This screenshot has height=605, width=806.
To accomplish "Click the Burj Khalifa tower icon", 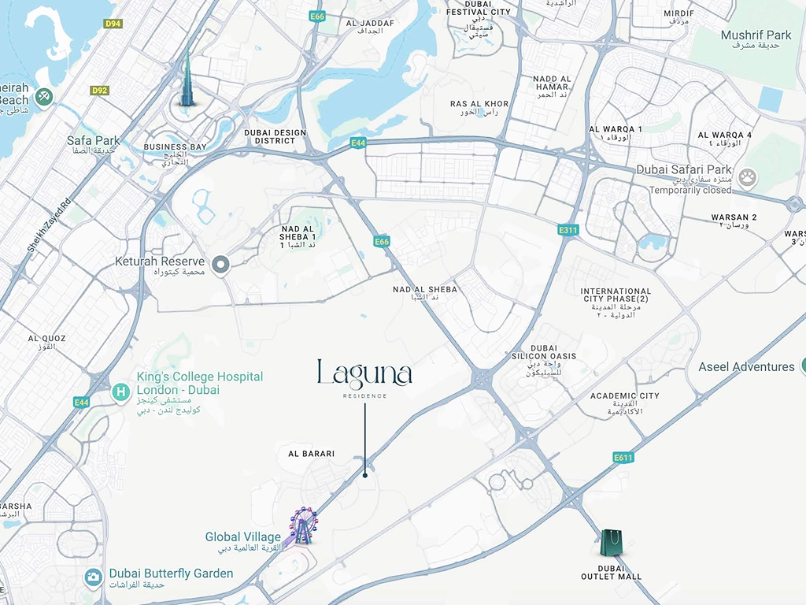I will click(x=187, y=82).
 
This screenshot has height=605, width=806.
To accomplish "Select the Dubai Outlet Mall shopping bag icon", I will click(x=612, y=544).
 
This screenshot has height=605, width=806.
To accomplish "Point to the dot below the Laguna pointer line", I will click(x=365, y=475).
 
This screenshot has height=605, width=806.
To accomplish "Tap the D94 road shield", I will click(x=113, y=24).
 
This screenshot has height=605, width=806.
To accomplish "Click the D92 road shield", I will click(x=99, y=91).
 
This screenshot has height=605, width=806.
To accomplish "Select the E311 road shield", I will click(x=568, y=230).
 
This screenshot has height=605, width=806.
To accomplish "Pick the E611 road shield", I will click(x=622, y=457).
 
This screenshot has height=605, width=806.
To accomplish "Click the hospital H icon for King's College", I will click(x=120, y=392).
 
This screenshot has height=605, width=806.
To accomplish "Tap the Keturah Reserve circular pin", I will click(x=221, y=265).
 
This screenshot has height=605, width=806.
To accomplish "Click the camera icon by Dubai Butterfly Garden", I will click(x=93, y=577).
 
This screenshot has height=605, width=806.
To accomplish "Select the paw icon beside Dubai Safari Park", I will click(x=747, y=178).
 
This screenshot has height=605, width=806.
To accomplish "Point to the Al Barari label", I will click(x=311, y=454).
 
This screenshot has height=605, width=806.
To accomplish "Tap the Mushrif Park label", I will click(x=756, y=35).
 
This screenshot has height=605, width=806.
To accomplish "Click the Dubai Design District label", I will click(x=275, y=137).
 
